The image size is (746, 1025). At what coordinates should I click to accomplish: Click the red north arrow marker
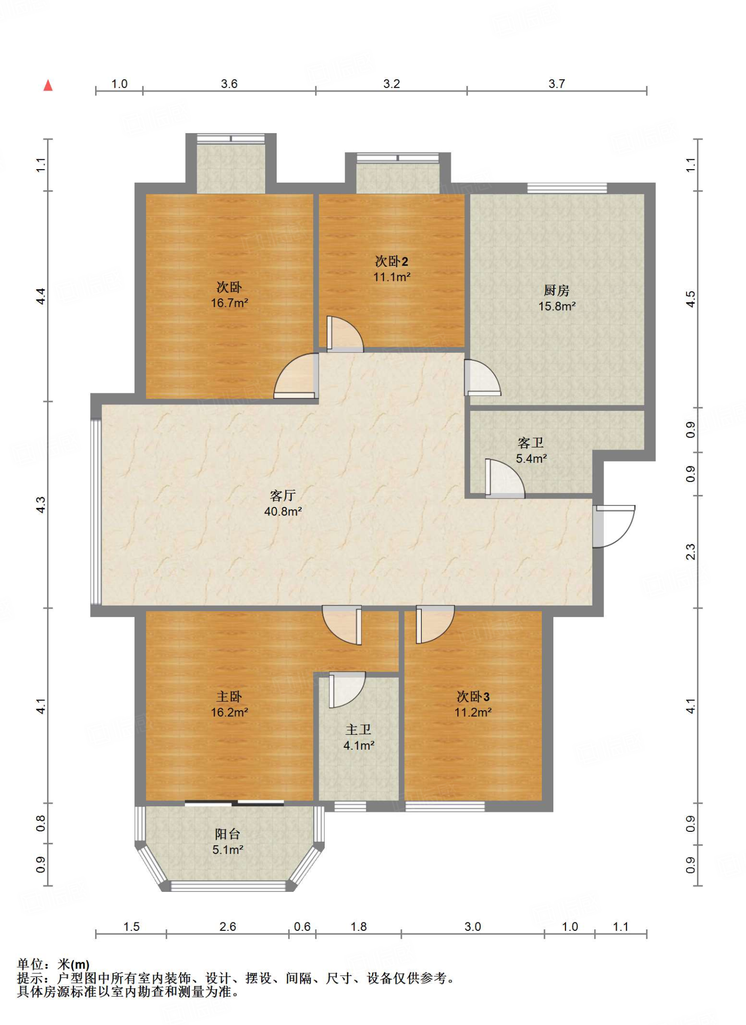pyautogui.click(x=48, y=85)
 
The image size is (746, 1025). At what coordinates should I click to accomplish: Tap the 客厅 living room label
pyautogui.click(x=283, y=495)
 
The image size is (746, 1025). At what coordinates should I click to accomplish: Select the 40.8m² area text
pyautogui.click(x=283, y=511)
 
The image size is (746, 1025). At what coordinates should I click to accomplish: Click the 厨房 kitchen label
pyautogui.click(x=556, y=290)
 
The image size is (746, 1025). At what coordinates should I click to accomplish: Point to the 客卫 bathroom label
pyautogui.click(x=530, y=443)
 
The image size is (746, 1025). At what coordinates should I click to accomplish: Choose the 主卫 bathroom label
pyautogui.click(x=358, y=730)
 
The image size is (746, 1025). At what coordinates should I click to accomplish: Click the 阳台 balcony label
pyautogui.click(x=228, y=834)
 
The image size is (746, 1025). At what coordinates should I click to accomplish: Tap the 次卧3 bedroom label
pyautogui.click(x=473, y=697)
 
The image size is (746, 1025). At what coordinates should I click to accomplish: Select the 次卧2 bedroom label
pyautogui.click(x=391, y=261)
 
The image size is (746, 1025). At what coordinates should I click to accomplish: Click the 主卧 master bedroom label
pyautogui.click(x=229, y=697)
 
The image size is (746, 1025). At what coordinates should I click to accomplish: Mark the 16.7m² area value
pyautogui.click(x=230, y=303)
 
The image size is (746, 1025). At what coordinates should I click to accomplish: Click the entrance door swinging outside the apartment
pyautogui.click(x=614, y=527)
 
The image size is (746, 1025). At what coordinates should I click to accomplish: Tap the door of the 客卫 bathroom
pyautogui.click(x=504, y=478)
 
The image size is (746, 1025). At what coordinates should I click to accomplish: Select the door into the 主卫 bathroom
pyautogui.click(x=347, y=690)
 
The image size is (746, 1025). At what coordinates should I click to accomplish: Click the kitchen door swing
pyautogui.click(x=482, y=378)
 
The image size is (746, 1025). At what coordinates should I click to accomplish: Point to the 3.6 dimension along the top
pyautogui.click(x=229, y=84)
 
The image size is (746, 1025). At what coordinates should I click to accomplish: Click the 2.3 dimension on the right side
pyautogui.click(x=690, y=552)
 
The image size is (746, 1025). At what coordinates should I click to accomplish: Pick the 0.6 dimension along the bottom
pyautogui.click(x=302, y=927)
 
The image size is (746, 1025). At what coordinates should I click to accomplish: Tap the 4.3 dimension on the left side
pyautogui.click(x=41, y=504)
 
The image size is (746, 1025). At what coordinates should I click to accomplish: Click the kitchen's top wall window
pyautogui.click(x=567, y=188)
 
